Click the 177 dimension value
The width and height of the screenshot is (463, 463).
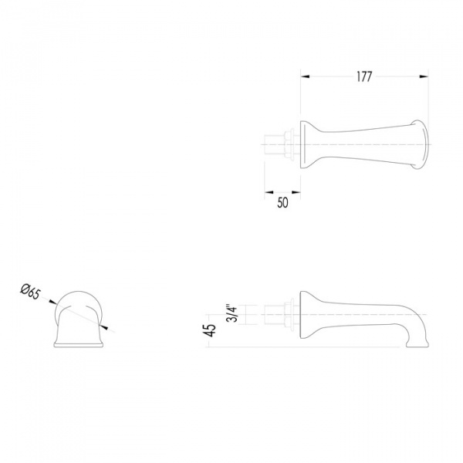(x=364, y=76)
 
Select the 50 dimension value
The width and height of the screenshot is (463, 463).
(x=282, y=203)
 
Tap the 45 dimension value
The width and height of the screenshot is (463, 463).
(x=211, y=330)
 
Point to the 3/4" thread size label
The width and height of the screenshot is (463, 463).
(x=233, y=313)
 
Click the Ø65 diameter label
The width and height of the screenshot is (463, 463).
(x=30, y=292)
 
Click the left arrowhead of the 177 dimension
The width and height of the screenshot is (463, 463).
(x=305, y=76)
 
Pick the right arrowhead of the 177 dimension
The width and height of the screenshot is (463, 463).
(x=424, y=76)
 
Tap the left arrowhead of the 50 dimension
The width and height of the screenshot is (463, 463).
(x=269, y=192)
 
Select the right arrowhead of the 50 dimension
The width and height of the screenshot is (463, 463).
(x=296, y=192)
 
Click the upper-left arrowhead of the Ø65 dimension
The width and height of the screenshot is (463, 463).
(x=52, y=302)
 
